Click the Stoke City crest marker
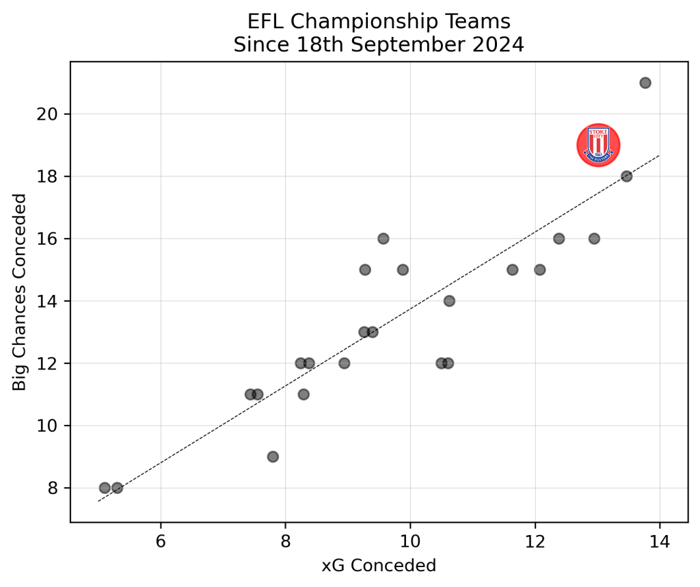pyautogui.click(x=598, y=145)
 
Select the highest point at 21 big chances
pyautogui.click(x=645, y=83)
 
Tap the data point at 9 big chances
pyautogui.click(x=273, y=456)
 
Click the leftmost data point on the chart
pyautogui.click(x=105, y=488)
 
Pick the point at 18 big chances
pyautogui.click(x=626, y=176)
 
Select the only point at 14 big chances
pyautogui.click(x=449, y=301)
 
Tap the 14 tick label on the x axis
pyautogui.click(x=660, y=540)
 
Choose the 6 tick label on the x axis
pyautogui.click(x=161, y=540)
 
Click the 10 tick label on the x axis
pyautogui.click(x=410, y=540)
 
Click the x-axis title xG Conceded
pyautogui.click(x=379, y=566)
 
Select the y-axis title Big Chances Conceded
pyautogui.click(x=20, y=292)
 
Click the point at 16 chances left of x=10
pyautogui.click(x=383, y=239)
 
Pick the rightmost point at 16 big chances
pyautogui.click(x=594, y=239)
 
